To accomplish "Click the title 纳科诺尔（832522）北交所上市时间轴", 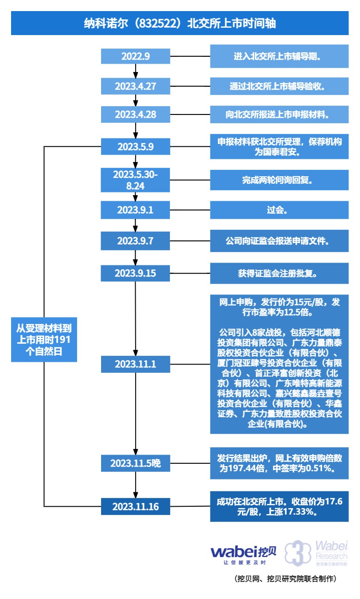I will click(x=180, y=23).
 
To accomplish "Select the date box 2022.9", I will click(x=136, y=57).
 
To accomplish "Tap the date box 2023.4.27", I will click(x=136, y=86).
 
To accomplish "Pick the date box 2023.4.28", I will click(x=136, y=114).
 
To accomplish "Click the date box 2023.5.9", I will click(x=136, y=147).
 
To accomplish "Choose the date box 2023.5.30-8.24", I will click(x=136, y=180).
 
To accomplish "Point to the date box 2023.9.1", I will click(x=136, y=210).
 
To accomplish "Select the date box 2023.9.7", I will click(x=136, y=241).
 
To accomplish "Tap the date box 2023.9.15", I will click(x=136, y=273).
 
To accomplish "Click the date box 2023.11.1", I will click(x=136, y=364).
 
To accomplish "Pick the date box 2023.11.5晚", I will click(x=136, y=463).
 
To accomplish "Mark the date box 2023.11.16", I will click(x=136, y=506).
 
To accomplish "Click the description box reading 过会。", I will click(x=279, y=210).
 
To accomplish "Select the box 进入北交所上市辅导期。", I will click(x=279, y=57).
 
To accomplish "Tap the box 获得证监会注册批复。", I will click(x=279, y=273).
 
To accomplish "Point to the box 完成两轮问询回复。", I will click(x=279, y=180).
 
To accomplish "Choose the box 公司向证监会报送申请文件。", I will click(x=279, y=241).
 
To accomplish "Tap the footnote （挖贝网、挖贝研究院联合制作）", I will click(x=286, y=579).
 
